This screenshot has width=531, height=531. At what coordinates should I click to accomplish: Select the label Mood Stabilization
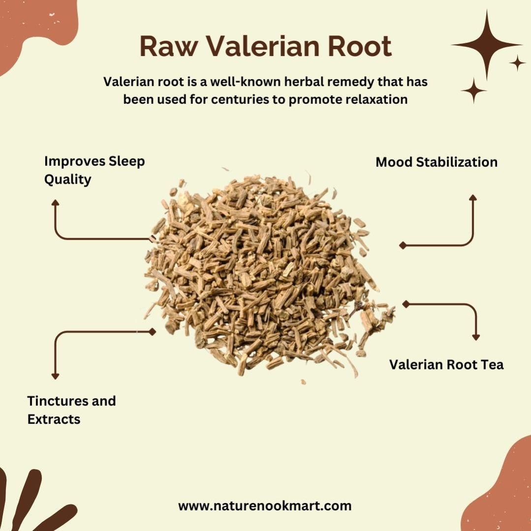tap(437, 162)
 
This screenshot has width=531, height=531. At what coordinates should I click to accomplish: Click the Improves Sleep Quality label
tap(94, 170)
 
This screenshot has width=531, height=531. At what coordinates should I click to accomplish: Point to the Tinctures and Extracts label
tap(71, 410)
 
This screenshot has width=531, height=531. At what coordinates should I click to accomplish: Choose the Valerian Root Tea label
tap(446, 365)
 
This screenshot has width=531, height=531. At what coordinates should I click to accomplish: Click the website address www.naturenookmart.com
tap(265, 506)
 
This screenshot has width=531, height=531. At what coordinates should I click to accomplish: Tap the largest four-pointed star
tap(487, 45)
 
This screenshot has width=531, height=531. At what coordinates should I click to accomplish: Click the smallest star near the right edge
tap(517, 63)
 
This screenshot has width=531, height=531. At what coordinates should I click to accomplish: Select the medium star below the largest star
tap(473, 91)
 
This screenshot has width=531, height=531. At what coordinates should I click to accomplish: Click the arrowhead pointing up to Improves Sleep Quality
tap(55, 203)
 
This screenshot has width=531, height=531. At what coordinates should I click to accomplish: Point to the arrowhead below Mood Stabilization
tap(473, 198)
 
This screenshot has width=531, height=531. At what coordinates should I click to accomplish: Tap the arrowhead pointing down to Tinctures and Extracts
tap(55, 376)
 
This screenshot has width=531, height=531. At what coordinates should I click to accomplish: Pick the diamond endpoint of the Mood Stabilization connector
tap(403, 245)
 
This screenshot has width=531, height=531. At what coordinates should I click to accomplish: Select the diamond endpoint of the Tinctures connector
tap(153, 332)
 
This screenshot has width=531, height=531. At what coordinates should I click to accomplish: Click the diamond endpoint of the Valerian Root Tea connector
tap(406, 304)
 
